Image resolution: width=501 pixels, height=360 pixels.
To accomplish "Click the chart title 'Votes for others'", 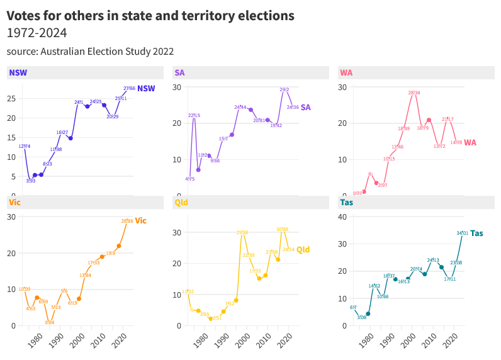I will coord(150,15).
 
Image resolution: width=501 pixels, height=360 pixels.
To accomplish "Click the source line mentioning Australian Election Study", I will coord(90,51).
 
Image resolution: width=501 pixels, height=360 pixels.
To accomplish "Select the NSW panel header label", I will coord(14,72).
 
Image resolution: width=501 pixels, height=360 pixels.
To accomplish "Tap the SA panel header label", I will coord(179,72).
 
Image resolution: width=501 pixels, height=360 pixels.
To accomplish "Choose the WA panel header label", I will coord(346,72).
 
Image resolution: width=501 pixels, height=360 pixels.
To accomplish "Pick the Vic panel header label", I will coord(14,202).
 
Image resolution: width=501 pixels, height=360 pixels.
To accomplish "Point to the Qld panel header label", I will coord(181,202).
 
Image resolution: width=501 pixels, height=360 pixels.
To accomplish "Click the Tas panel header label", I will coord(346,202).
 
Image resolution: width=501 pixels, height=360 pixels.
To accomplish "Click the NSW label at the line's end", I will coord(146,89).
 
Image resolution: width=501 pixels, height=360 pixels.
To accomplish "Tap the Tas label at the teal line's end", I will coord(477,233).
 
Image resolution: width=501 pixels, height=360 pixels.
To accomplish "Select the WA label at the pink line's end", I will coord(470,142).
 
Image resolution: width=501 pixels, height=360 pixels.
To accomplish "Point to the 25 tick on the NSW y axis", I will coord(11,99).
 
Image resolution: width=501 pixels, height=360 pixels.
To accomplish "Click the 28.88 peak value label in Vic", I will coord(127,222).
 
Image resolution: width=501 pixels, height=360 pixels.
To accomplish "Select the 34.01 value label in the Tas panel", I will coord(463,233).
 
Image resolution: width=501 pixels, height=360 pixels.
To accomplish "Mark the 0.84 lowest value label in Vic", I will coord(49,322).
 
